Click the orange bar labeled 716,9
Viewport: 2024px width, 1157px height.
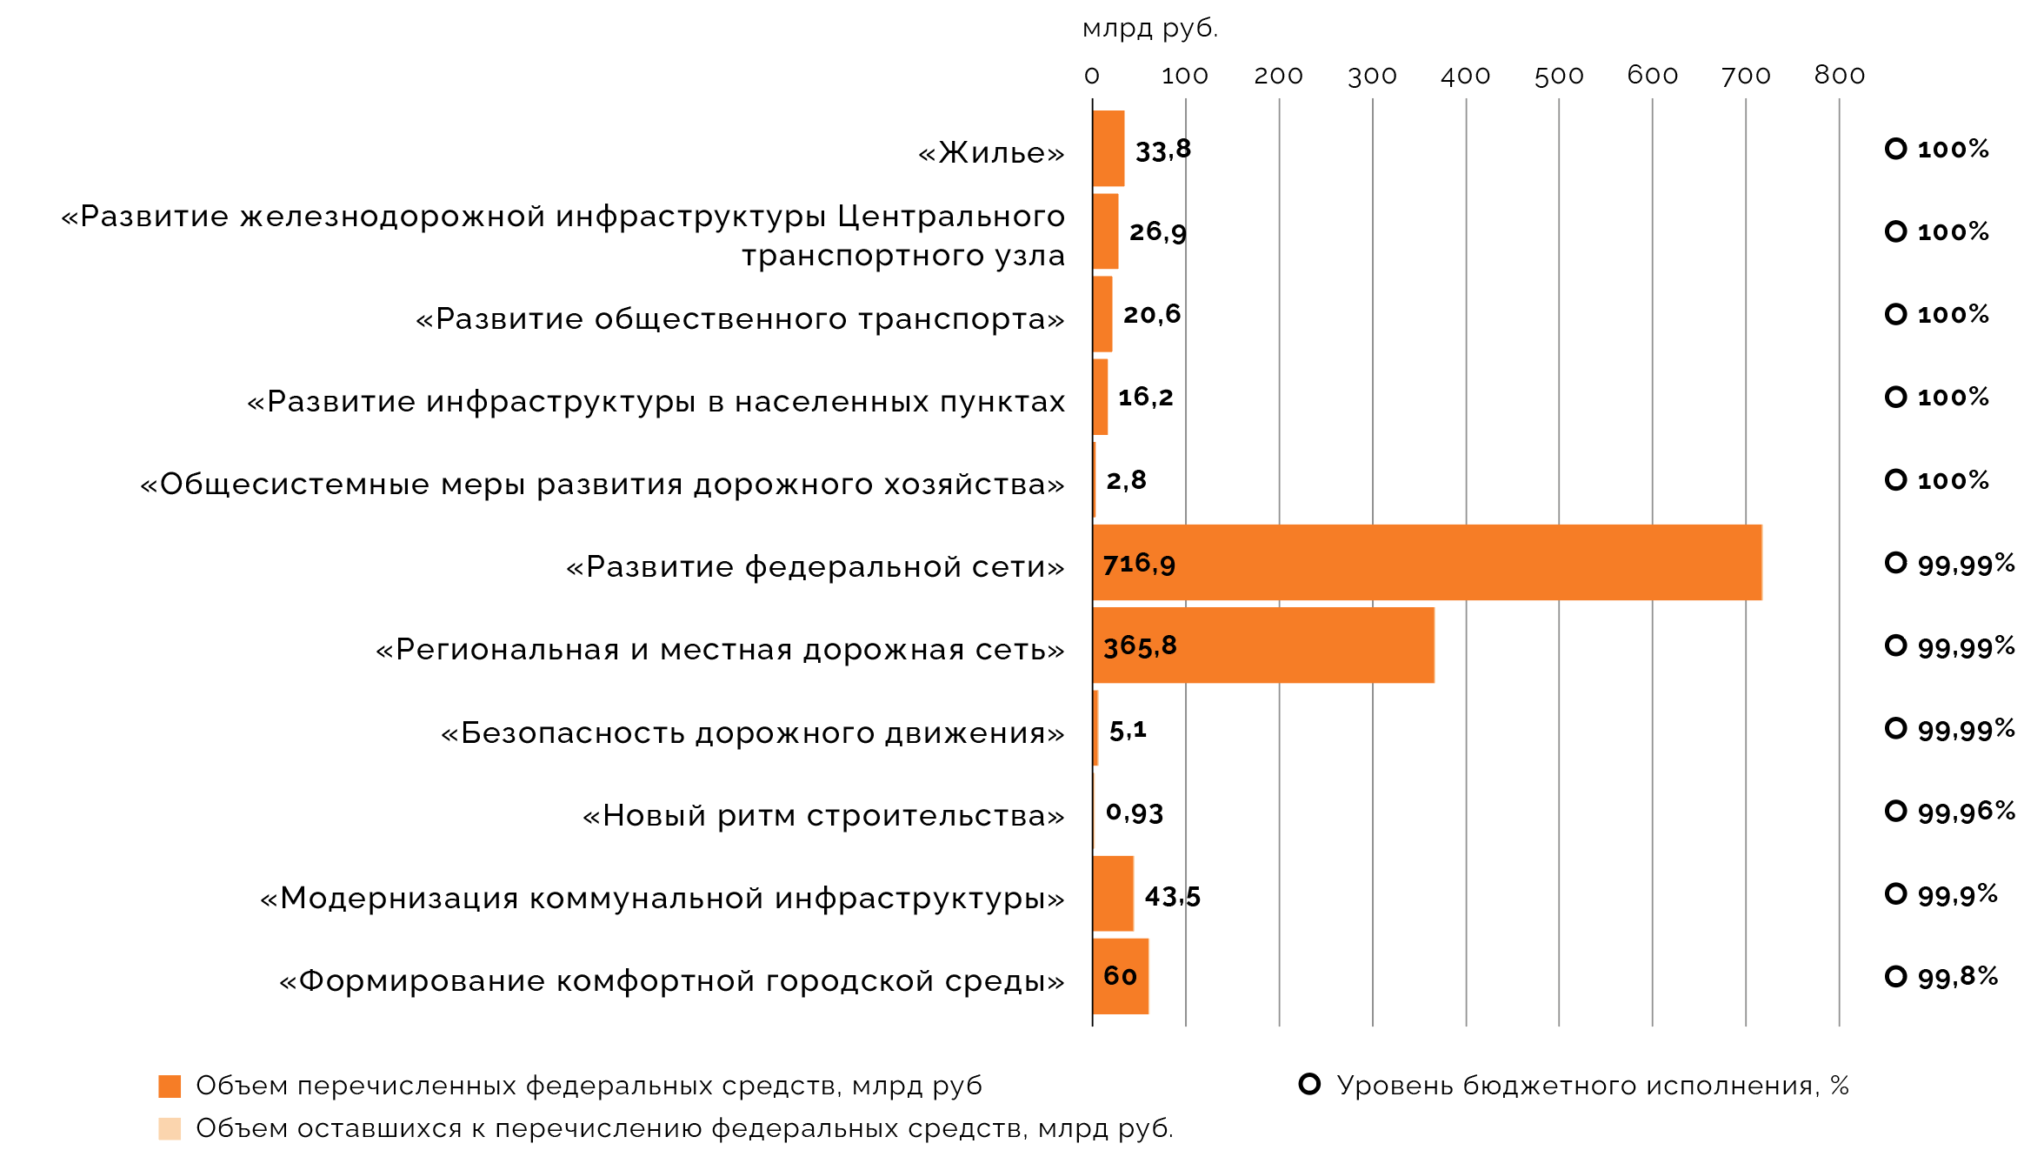coord(1426,563)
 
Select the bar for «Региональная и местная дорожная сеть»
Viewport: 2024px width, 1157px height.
coord(1262,645)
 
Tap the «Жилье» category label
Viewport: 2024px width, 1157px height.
coord(991,153)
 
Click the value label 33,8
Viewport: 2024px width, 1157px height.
coord(1162,150)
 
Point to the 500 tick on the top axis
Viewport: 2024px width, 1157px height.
coord(1558,77)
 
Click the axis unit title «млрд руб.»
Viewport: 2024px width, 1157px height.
coord(1149,29)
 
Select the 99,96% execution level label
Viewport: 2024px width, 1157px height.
coord(1966,813)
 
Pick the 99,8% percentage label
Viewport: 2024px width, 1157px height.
coord(1957,978)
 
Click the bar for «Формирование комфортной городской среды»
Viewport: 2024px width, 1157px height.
coord(1120,976)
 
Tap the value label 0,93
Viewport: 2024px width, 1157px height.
coord(1134,813)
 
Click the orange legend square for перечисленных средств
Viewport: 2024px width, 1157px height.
coord(170,1087)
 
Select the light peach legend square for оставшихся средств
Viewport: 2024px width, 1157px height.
coord(170,1129)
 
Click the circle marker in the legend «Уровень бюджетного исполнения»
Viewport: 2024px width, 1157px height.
coord(1309,1084)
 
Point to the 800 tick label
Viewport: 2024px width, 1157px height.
coord(1839,76)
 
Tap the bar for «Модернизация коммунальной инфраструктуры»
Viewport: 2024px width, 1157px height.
coord(1113,893)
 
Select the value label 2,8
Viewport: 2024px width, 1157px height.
coord(1126,480)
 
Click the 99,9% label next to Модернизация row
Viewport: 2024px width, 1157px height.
coord(1957,895)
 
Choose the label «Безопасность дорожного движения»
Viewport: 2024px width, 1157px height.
coord(752,733)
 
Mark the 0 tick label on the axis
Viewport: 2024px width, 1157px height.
coord(1092,77)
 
